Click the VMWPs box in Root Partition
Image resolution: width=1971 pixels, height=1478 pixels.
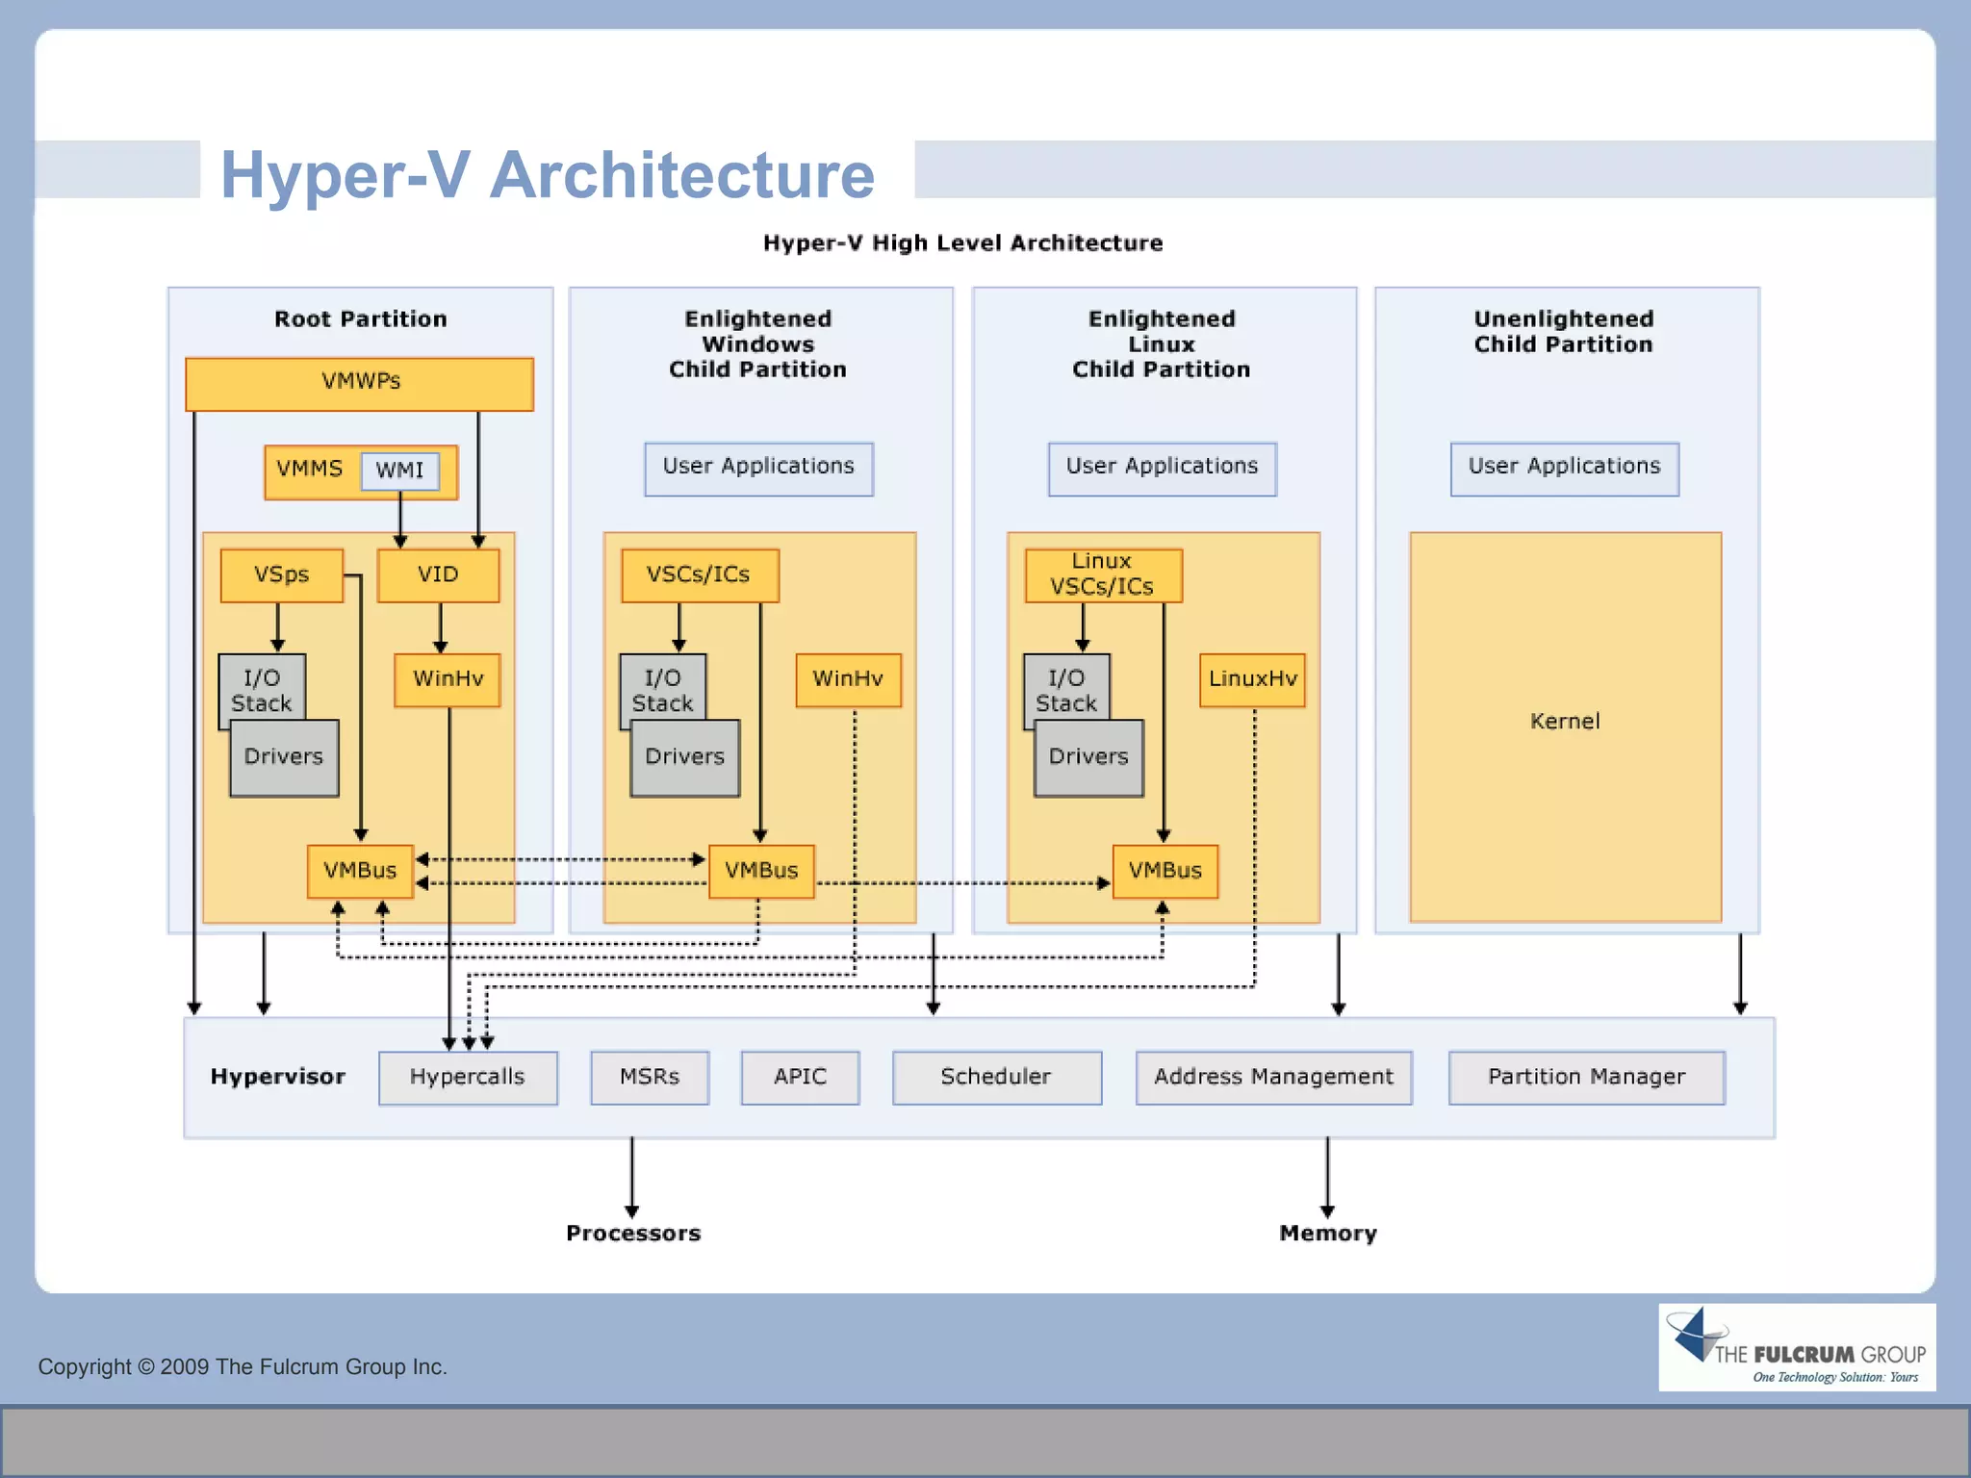coord(359,383)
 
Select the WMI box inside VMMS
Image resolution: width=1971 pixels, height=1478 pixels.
coord(399,471)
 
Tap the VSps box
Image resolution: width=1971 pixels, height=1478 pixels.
coord(281,575)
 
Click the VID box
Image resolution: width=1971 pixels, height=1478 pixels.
coord(438,575)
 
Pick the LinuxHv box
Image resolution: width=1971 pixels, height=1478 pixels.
coord(1252,679)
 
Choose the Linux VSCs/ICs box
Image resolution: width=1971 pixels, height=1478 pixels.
coord(1103,574)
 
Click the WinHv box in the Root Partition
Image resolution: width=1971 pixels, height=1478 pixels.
coord(448,679)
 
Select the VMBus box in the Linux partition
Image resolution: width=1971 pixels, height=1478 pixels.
coord(1165,871)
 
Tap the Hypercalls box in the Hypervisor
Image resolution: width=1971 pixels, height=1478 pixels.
coord(468,1077)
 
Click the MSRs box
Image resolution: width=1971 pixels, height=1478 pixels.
coord(650,1077)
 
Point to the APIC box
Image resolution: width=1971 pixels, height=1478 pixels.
coord(800,1077)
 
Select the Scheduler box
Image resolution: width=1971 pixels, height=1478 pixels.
coord(996,1077)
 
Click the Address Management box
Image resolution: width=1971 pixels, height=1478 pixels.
coord(1273,1077)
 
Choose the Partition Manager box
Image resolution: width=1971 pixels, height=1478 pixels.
coord(1586,1077)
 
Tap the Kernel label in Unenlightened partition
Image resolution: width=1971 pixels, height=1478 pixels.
coord(1565,722)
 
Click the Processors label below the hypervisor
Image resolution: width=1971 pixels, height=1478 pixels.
coord(633,1234)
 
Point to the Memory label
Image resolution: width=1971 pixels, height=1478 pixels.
coord(1328,1234)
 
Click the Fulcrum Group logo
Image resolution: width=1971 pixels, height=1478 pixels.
coord(1796,1347)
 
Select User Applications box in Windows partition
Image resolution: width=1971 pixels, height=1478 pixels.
coord(758,468)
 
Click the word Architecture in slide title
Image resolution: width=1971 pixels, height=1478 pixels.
coord(681,175)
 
